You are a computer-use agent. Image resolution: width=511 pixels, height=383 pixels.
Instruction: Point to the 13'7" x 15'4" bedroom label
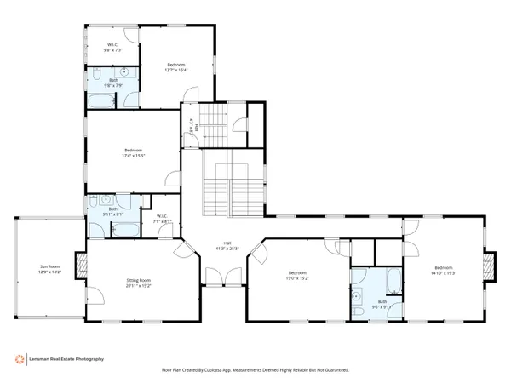(x=176, y=67)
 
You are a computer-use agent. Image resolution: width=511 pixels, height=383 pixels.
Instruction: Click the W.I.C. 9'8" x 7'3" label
(x=112, y=48)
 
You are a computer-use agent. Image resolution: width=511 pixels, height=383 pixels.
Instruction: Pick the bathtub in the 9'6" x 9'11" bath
(x=393, y=281)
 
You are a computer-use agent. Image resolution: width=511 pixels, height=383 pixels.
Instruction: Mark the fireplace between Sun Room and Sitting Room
(x=82, y=266)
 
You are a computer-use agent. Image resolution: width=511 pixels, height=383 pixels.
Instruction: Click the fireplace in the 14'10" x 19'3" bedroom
(x=488, y=266)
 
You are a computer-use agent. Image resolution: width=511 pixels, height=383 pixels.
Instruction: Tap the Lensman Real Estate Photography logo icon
(x=19, y=359)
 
